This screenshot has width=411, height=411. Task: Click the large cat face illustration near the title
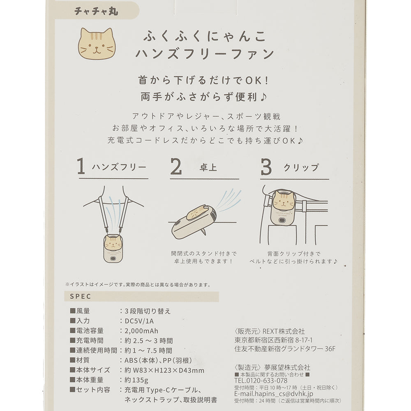point(97,44)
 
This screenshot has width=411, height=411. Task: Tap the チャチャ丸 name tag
point(96,11)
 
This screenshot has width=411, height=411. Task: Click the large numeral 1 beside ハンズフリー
point(81,166)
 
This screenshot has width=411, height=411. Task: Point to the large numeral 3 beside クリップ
point(266,167)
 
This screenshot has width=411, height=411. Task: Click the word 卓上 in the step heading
point(208,167)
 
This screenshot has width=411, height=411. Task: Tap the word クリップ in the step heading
point(301,167)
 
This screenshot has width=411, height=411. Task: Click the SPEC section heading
point(81,296)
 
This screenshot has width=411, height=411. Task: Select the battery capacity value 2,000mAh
point(141,331)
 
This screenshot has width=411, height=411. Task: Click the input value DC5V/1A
point(139,321)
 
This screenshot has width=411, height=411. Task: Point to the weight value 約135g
point(136,380)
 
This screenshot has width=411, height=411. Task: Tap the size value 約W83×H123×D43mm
point(164,370)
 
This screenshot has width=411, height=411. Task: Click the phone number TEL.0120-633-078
point(261,381)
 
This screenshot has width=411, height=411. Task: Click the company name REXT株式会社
point(284,332)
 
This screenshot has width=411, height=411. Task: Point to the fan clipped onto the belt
point(283,208)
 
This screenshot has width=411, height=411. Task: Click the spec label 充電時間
point(90,341)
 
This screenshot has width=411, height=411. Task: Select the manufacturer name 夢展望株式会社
point(287,367)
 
